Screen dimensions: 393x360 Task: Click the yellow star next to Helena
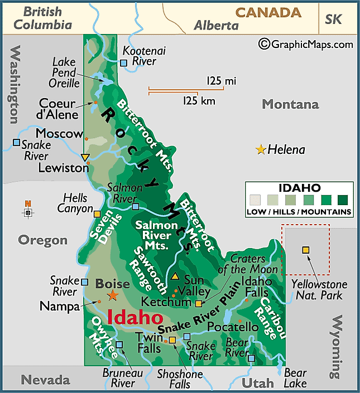pos(260,149)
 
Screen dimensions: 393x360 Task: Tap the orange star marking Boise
pos(113,295)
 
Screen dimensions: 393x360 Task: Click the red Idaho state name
pos(135,317)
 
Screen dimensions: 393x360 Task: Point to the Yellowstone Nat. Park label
pos(319,290)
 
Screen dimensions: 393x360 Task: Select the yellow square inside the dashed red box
pos(305,250)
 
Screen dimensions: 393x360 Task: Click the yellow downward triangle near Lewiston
pos(85,157)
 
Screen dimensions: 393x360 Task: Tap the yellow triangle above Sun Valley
pos(175,276)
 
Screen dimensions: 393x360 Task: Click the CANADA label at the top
pos(268,12)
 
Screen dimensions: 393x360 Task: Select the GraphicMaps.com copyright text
pos(306,44)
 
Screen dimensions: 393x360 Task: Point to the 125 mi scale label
pos(221,81)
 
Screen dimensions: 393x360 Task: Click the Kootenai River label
pos(145,56)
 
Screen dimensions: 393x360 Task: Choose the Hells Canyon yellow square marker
pos(97,214)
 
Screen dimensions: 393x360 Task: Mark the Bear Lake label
pos(295,378)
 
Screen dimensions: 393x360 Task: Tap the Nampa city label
pos(59,306)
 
